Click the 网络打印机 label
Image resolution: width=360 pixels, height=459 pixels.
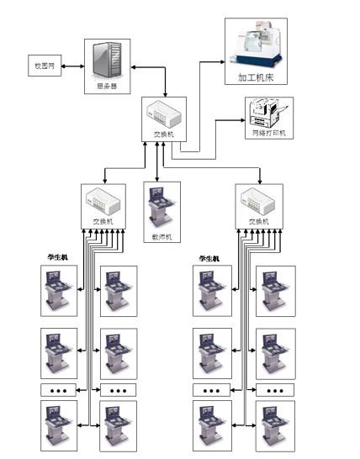[x=268, y=133]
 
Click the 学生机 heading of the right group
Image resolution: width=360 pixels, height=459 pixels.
[x=209, y=258]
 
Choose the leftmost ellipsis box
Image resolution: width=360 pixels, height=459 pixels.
[x=59, y=390]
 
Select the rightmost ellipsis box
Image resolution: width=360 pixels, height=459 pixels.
[x=276, y=390]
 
